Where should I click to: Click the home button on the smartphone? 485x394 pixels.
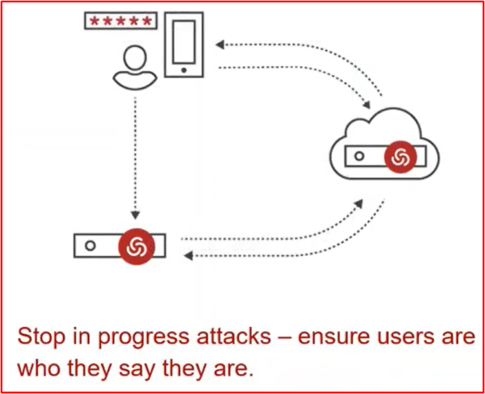184,70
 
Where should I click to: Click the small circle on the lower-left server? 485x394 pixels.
91,245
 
